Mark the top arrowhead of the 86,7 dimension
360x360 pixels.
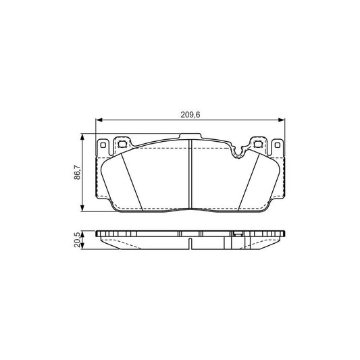[83, 138]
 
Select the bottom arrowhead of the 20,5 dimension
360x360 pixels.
[83, 248]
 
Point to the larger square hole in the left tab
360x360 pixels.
[122, 144]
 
